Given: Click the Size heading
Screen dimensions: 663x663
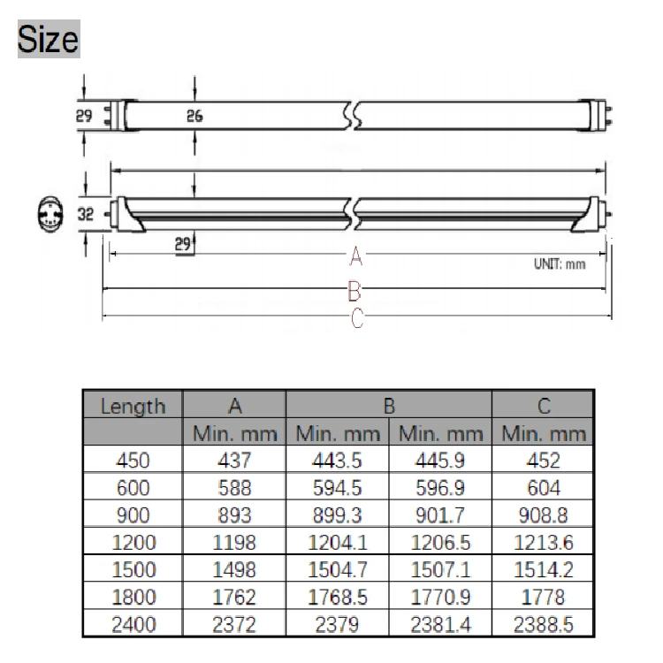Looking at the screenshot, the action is coord(49,39).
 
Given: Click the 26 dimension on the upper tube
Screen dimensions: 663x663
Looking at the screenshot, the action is coord(194,116).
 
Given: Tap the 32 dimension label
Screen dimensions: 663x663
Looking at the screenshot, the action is coord(86,214).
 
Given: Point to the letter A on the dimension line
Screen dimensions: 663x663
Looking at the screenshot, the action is coord(356,255).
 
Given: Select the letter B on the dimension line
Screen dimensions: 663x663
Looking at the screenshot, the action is coord(354,291).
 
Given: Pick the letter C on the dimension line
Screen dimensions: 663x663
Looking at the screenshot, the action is coord(357,318).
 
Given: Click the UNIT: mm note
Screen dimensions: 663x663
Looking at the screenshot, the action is coord(560,264).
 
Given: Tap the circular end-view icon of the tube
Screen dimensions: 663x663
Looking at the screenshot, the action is coord(50,214).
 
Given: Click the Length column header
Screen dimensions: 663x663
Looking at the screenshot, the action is coord(133,407).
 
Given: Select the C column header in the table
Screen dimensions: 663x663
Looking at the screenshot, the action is coord(544,406).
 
